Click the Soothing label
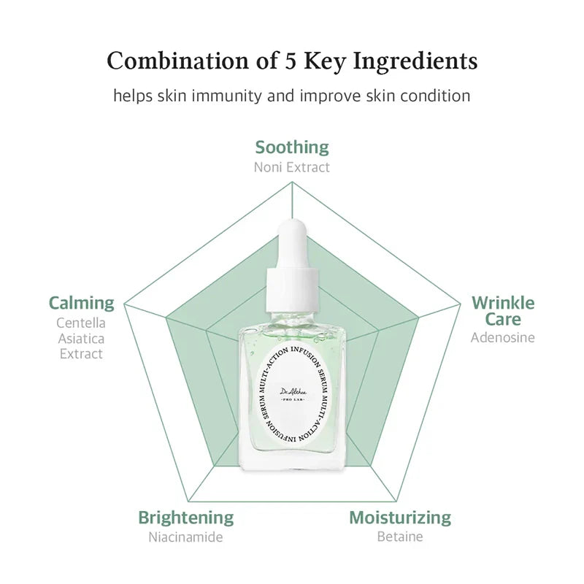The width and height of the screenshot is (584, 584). click(x=292, y=147)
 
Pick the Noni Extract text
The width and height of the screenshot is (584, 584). click(x=292, y=167)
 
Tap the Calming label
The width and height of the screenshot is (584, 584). click(x=82, y=302)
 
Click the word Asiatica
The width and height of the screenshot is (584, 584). click(x=80, y=338)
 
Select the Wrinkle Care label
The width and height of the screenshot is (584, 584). click(x=503, y=310)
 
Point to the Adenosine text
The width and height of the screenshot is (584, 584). click(x=503, y=337)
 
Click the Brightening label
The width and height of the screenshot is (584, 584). click(x=186, y=518)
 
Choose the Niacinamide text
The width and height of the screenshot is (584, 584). click(x=186, y=538)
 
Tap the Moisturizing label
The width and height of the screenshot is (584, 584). click(x=400, y=518)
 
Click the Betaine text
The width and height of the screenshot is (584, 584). click(x=400, y=538)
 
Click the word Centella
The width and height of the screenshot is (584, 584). click(x=80, y=323)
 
